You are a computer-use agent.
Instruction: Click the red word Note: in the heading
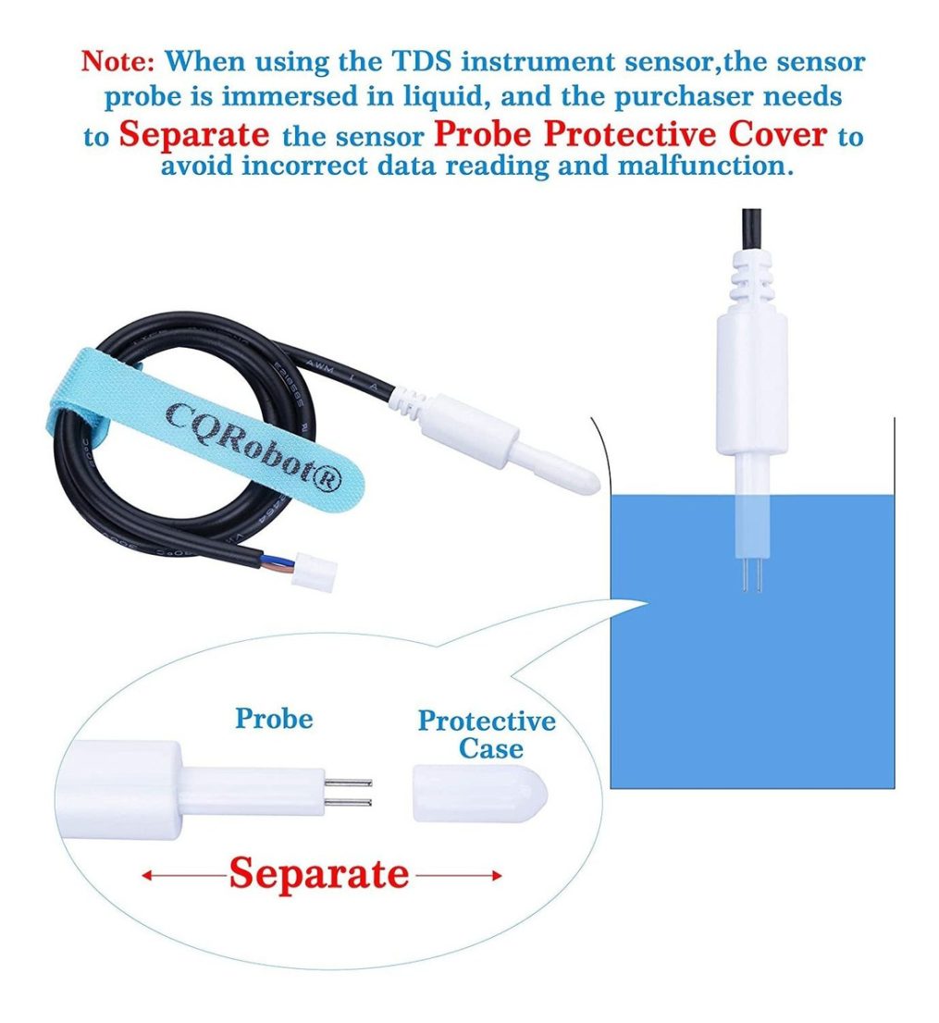[x=117, y=61]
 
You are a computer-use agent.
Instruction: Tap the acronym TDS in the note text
[x=421, y=61]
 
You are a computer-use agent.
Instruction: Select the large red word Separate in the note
[x=193, y=135]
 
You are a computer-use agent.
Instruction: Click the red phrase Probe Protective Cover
[x=630, y=134]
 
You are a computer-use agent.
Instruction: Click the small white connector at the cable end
[x=313, y=571]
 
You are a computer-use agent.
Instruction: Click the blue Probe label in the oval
[x=274, y=719]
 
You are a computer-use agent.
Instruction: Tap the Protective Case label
[x=487, y=734]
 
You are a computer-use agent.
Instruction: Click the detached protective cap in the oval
[x=480, y=794]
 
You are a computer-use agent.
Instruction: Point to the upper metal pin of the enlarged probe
[x=348, y=783]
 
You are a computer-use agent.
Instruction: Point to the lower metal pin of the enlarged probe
[x=348, y=803]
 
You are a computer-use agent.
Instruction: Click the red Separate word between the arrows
[x=319, y=873]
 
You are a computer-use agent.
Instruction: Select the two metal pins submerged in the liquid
[x=751, y=575]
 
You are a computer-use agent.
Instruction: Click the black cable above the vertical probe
[x=751, y=229]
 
